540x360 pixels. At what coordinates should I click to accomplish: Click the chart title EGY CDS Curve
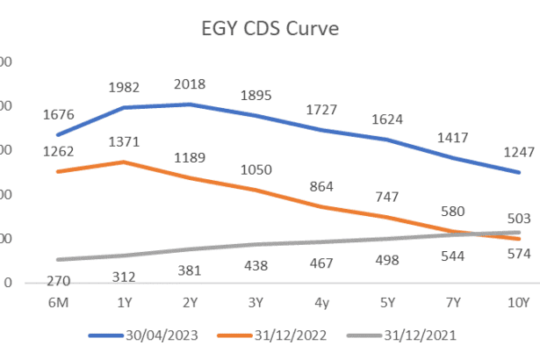[x=269, y=28]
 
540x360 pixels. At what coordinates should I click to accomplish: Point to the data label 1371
[x=126, y=141]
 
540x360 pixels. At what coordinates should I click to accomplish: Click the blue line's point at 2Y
[x=191, y=104]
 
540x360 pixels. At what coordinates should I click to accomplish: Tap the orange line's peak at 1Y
[x=125, y=162]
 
